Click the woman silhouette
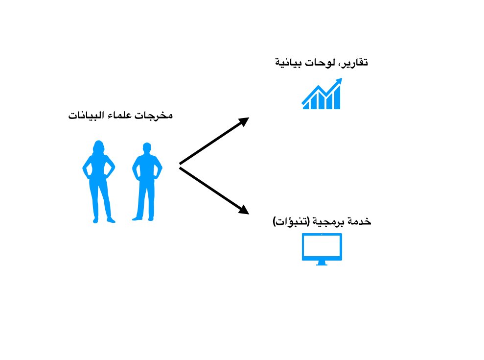click(98, 181)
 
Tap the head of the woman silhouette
click(99, 147)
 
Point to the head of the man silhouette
click(146, 148)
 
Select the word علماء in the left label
click(128, 117)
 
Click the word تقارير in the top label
click(355, 63)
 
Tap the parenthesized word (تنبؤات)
click(288, 222)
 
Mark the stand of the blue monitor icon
click(322, 263)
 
